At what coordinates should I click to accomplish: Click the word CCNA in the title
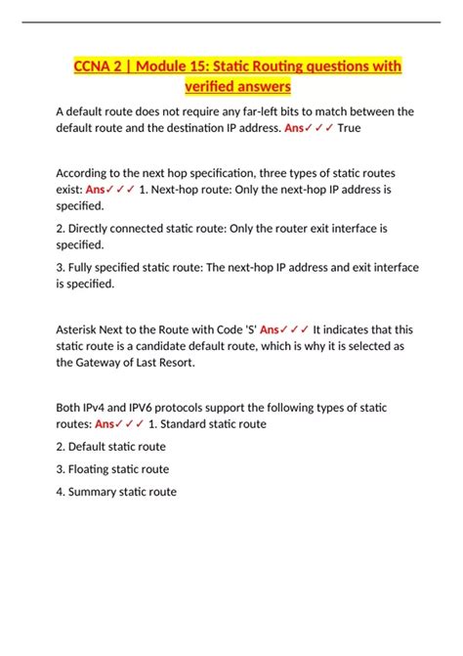[96, 66]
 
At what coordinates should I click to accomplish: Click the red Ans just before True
[299, 127]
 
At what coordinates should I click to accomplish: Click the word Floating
[92, 468]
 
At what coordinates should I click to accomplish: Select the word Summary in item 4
[95, 492]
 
